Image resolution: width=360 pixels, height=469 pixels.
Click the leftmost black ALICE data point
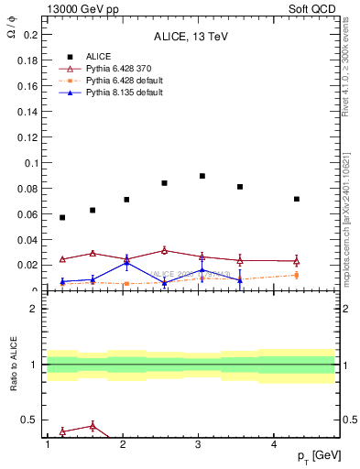coord(62,217)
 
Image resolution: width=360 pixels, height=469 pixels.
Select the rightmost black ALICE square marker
coord(296,199)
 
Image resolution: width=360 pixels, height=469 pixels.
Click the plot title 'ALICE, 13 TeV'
coord(190,38)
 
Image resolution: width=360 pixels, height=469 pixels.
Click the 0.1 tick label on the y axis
coord(30,163)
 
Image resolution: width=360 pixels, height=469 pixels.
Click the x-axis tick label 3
coord(198,444)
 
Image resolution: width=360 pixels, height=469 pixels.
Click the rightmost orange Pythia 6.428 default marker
coord(296,275)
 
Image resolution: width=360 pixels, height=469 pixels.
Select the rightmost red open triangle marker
coord(296,261)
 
